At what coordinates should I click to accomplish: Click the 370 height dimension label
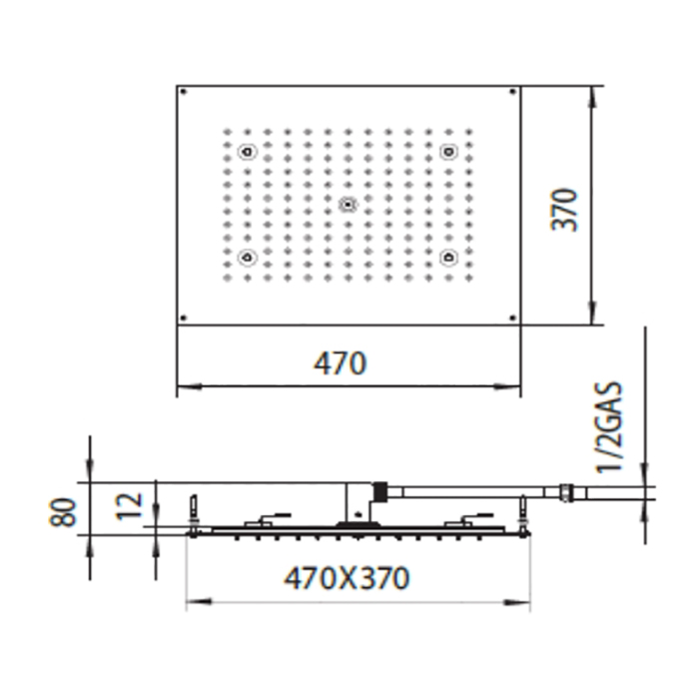click(x=567, y=208)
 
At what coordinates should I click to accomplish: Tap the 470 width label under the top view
click(x=340, y=363)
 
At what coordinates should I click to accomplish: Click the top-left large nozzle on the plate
click(x=247, y=153)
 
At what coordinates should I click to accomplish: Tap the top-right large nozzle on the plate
click(x=448, y=153)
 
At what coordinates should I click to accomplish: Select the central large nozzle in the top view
click(x=348, y=205)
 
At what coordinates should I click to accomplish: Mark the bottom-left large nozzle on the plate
click(x=247, y=258)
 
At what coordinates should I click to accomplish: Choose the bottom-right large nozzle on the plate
click(x=448, y=258)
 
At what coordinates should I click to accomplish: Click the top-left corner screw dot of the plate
click(x=183, y=93)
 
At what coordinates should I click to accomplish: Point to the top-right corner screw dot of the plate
click(x=513, y=93)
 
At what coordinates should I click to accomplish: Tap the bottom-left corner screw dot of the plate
click(x=183, y=319)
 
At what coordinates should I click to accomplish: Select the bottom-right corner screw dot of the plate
click(x=513, y=319)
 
